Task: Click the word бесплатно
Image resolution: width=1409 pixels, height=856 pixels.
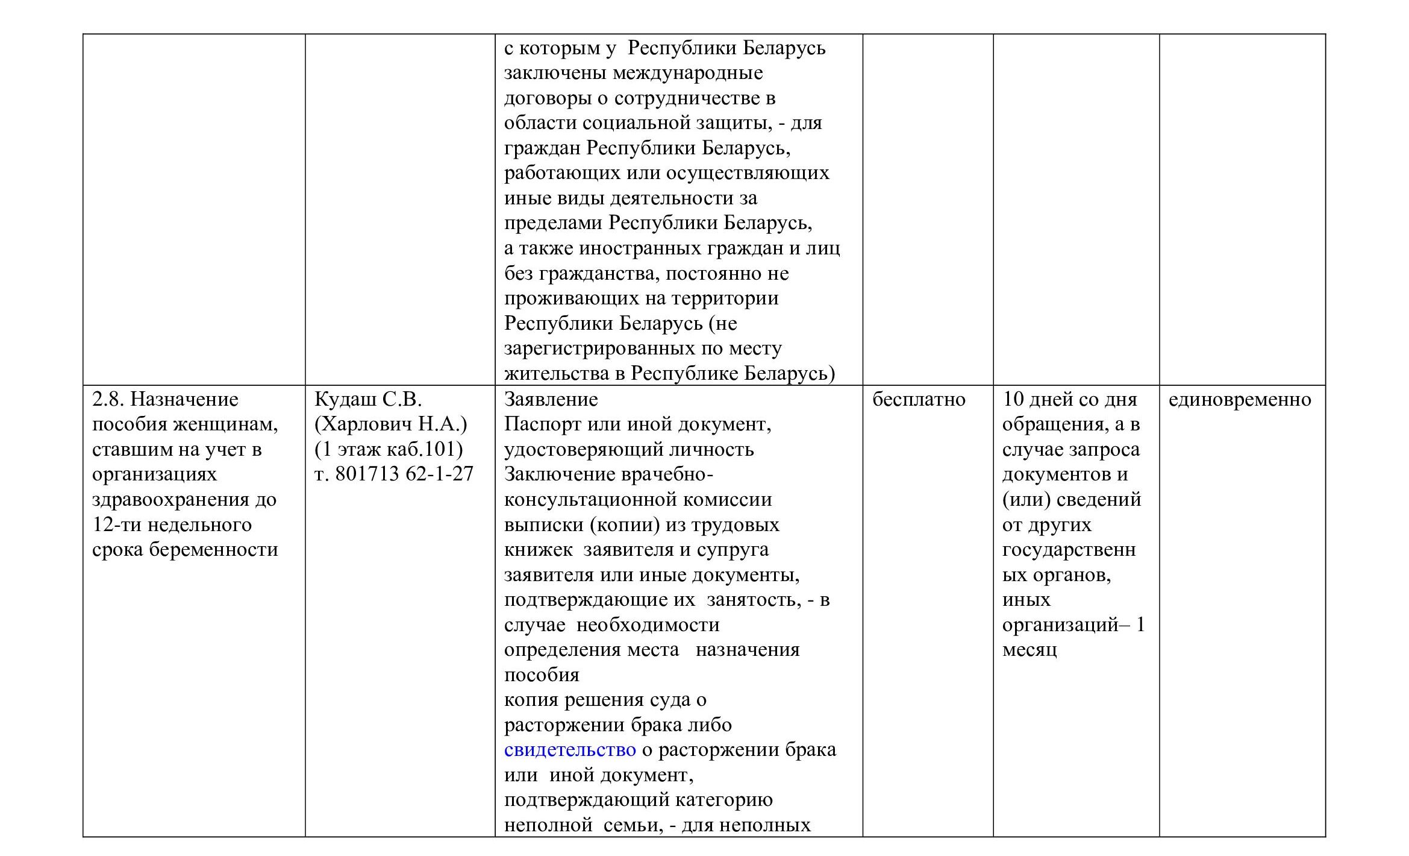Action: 919,400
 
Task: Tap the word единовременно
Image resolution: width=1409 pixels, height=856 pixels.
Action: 1240,400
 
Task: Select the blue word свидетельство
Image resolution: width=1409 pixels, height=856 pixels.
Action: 569,750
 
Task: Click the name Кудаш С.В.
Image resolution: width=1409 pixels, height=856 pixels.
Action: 368,400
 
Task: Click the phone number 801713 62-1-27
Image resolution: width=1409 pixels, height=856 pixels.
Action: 404,474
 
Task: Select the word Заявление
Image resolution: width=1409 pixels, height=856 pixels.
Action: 551,400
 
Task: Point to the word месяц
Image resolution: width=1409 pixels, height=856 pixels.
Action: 1029,650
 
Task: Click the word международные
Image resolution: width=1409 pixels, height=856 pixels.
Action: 687,74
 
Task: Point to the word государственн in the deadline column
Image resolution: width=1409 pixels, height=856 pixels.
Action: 1069,550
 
